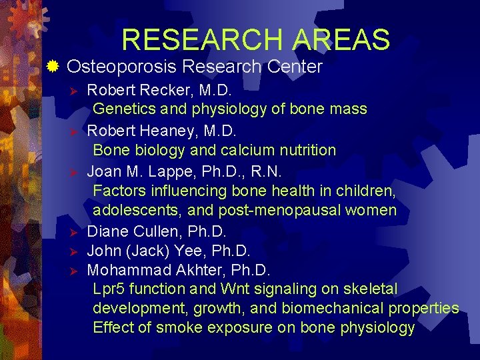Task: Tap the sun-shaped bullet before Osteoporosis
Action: tap(53, 66)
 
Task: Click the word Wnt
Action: tap(235, 289)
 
